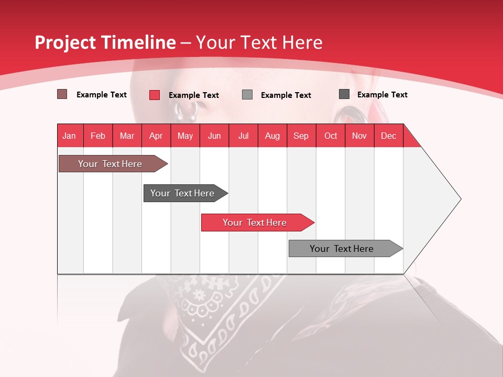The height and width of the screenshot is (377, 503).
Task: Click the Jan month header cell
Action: (x=70, y=136)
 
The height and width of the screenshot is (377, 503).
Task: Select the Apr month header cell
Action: (x=156, y=136)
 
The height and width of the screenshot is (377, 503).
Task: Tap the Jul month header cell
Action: (x=243, y=136)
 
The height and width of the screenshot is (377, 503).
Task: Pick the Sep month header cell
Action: (x=301, y=136)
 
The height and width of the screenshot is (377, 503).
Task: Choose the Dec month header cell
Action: (x=388, y=136)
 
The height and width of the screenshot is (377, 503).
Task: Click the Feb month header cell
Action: (x=98, y=136)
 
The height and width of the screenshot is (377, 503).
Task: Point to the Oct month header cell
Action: (x=331, y=136)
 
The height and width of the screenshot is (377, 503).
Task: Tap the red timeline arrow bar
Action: (x=255, y=223)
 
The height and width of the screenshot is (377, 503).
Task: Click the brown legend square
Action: (x=62, y=94)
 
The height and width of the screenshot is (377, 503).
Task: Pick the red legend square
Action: (x=155, y=95)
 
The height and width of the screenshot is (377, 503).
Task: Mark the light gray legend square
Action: (x=247, y=95)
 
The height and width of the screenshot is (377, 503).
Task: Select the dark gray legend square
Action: (x=344, y=94)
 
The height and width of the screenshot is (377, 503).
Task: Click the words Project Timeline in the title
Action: (x=105, y=42)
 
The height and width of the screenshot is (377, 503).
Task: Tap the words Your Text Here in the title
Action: (x=259, y=42)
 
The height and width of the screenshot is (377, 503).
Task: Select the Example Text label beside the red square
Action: (x=194, y=95)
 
